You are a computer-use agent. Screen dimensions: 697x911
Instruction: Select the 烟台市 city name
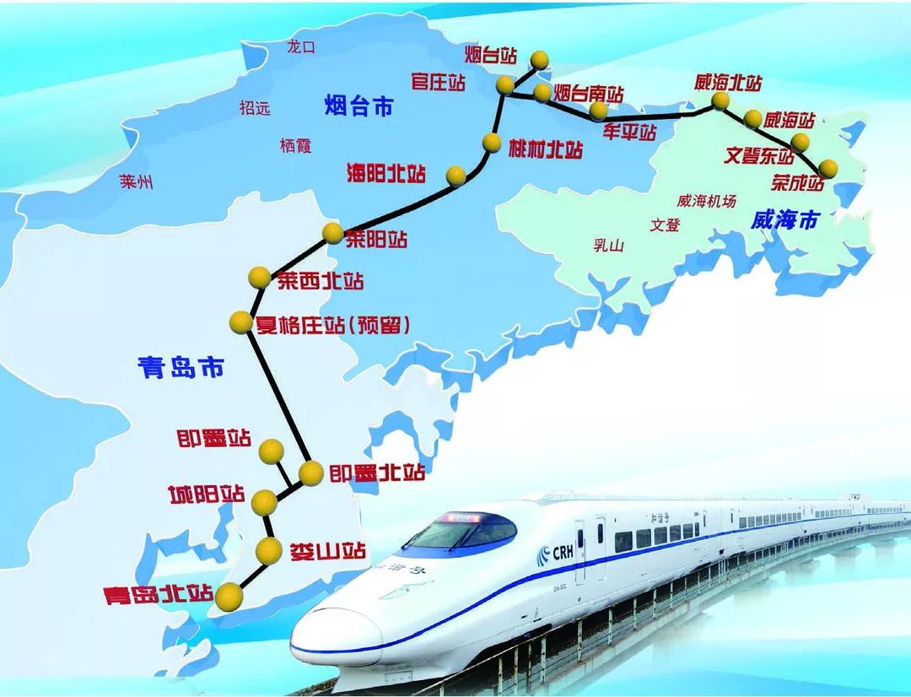359,107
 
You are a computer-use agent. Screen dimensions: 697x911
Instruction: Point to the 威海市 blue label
784,220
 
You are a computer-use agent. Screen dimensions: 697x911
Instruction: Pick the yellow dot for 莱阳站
332,234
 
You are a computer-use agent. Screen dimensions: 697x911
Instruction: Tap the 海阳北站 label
387,174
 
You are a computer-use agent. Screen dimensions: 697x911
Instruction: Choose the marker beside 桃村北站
492,143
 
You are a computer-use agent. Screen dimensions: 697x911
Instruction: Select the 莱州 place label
136,182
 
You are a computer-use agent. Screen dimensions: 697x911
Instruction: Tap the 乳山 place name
608,246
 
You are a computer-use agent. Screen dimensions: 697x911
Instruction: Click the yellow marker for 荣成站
828,168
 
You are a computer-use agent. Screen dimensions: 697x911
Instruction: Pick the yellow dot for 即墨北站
310,473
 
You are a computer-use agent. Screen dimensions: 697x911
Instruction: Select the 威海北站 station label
728,83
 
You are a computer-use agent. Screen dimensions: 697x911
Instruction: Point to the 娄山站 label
328,552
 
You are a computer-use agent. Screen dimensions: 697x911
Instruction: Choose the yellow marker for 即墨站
271,451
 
